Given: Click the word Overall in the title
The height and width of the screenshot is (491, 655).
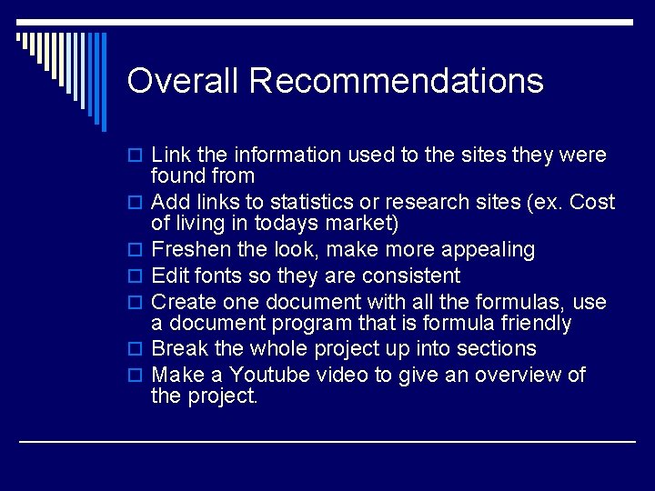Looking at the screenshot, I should pyautogui.click(x=182, y=81).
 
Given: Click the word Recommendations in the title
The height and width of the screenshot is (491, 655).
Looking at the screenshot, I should pyautogui.click(x=396, y=81).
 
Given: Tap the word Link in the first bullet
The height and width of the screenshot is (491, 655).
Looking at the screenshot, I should pyautogui.click(x=169, y=155).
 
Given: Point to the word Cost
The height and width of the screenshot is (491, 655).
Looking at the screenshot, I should pyautogui.click(x=592, y=202).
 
